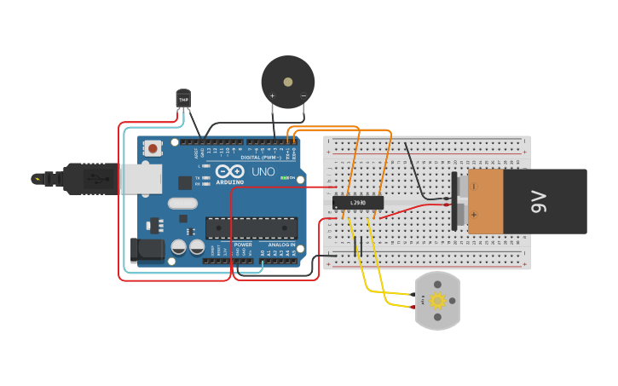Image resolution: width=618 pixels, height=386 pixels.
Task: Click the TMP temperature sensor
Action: click(x=183, y=99)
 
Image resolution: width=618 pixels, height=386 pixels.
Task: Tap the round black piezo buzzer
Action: click(x=287, y=83)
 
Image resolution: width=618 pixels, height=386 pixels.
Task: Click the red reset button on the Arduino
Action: click(x=153, y=148)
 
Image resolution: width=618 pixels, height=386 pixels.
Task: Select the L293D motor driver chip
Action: click(x=358, y=203)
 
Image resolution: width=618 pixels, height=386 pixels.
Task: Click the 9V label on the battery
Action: click(x=538, y=202)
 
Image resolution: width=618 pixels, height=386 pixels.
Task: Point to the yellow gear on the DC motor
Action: click(x=437, y=300)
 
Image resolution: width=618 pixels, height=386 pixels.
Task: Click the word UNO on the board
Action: click(x=263, y=171)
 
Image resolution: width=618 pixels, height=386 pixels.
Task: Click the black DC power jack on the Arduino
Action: click(x=146, y=249)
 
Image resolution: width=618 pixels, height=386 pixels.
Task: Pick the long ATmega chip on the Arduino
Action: click(x=251, y=228)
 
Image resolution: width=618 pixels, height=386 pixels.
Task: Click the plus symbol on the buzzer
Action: click(x=273, y=95)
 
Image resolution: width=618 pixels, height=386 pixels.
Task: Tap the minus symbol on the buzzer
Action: click(x=303, y=95)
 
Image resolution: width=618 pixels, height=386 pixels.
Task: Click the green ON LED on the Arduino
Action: click(x=289, y=178)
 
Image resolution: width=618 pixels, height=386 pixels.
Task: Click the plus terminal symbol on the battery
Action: click(x=473, y=215)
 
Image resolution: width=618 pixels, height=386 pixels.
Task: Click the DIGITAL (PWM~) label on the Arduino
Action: click(x=263, y=157)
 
